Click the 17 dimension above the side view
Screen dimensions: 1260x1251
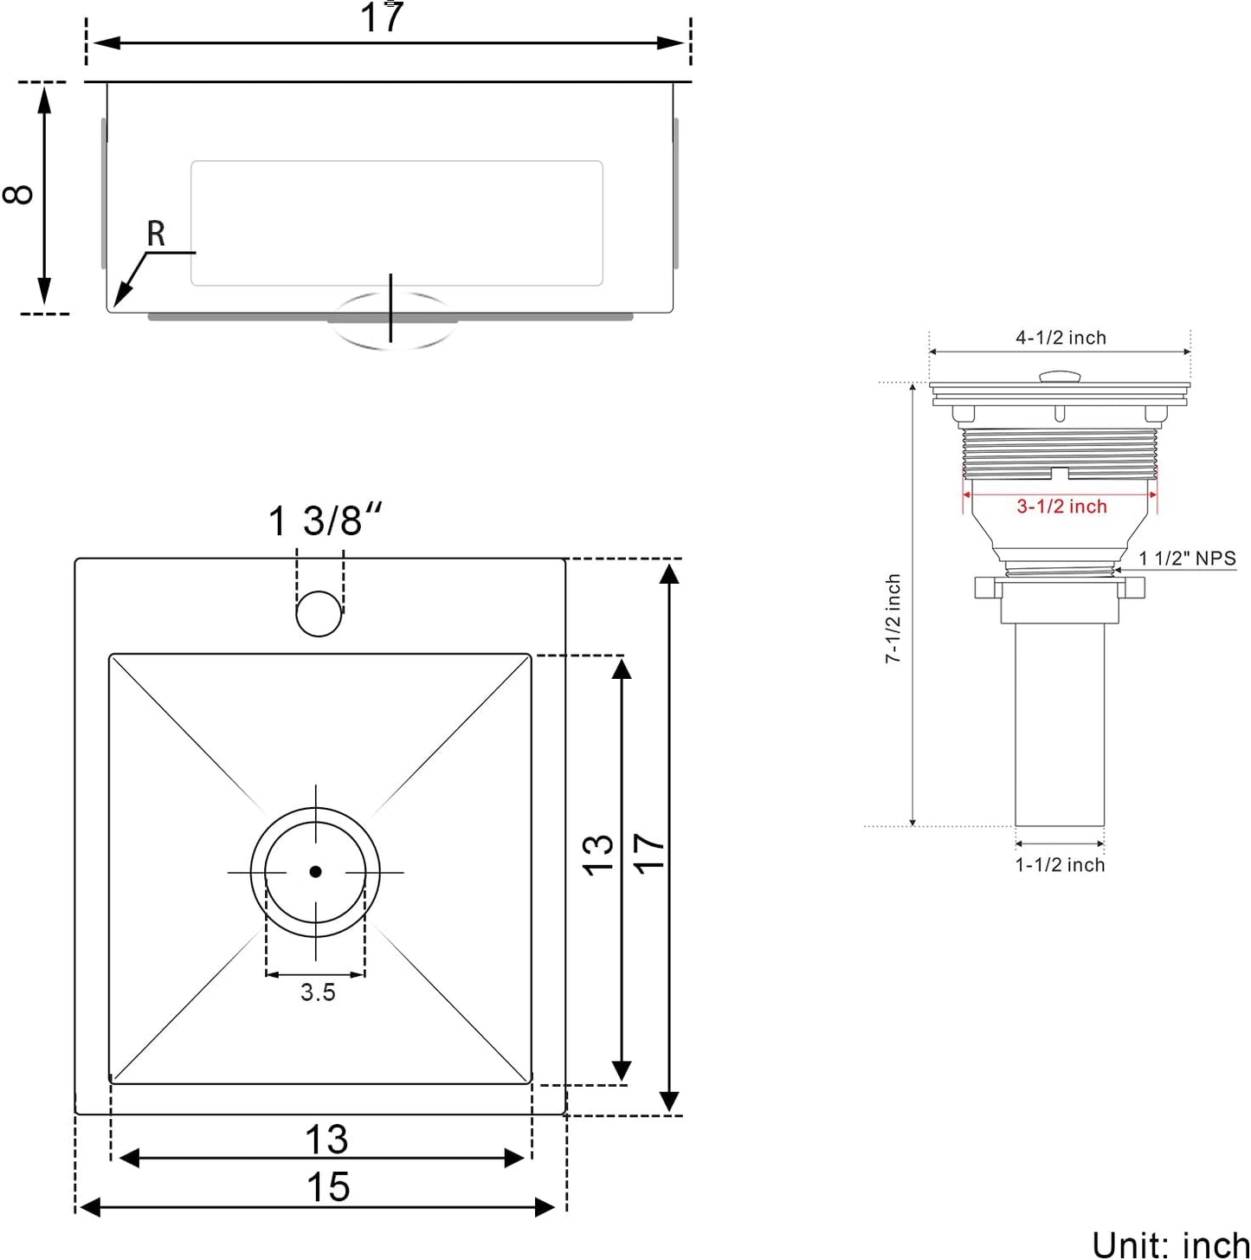[382, 17]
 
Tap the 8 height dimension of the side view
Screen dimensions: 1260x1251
[19, 194]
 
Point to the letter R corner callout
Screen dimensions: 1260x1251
[156, 234]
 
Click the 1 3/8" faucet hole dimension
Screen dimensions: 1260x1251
[324, 521]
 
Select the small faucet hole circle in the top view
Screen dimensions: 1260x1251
[319, 614]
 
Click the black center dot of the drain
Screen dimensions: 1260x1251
[315, 871]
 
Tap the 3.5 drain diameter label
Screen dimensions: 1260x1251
[318, 993]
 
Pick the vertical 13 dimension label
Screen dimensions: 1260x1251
[597, 856]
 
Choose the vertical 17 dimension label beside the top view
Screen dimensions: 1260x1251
[649, 853]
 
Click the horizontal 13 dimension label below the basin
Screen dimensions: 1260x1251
[326, 1140]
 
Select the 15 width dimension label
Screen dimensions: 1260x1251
[327, 1187]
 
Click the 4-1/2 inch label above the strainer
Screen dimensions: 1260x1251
[1061, 338]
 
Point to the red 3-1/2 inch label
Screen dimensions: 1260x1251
[1061, 507]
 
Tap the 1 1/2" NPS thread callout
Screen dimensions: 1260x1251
[1187, 559]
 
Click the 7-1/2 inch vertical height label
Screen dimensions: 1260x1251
[893, 618]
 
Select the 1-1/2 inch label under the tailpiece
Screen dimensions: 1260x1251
[1060, 865]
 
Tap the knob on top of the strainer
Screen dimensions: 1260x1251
[1060, 377]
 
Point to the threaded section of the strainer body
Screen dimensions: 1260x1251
[1060, 450]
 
